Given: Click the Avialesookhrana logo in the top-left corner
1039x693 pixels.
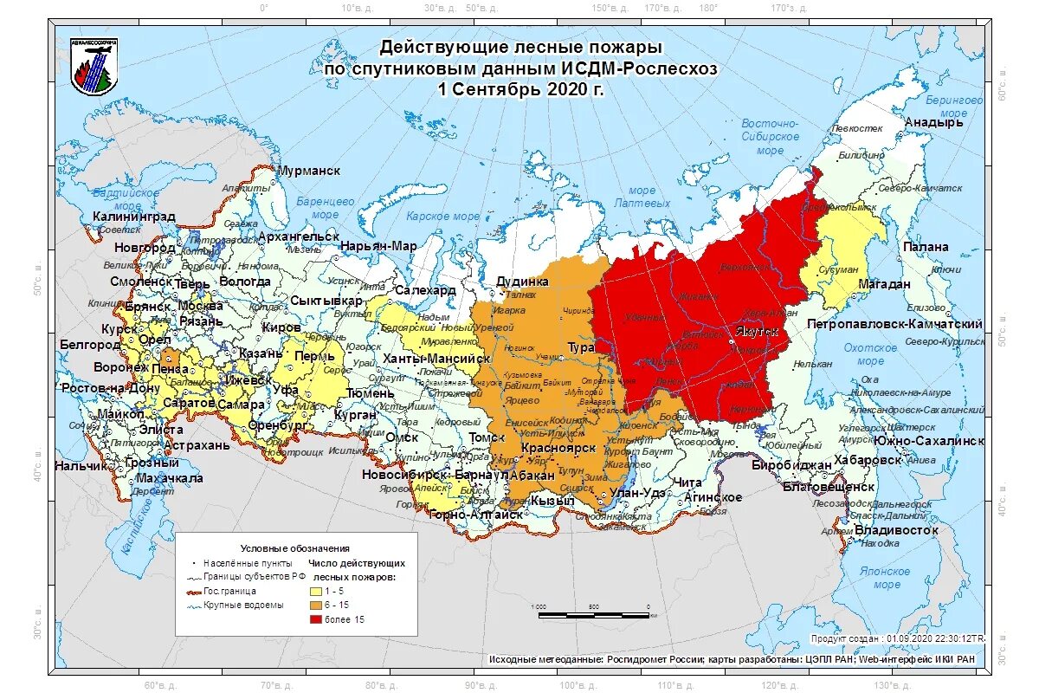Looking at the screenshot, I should pos(95,67).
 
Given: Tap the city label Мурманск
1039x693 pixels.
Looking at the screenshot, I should pos(307,171).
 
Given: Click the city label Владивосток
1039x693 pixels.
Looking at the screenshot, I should pos(896,529).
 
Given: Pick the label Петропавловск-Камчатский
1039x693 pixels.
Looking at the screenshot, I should pos(894,324).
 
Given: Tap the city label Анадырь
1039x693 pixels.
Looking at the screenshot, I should pos(933,122).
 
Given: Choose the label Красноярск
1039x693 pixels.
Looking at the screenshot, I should pos(558,449).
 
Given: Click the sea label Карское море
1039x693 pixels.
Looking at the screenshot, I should pos(442,217).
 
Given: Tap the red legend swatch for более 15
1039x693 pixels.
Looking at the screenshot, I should pos(317,619).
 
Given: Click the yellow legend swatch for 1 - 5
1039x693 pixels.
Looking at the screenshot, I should pos(317,590).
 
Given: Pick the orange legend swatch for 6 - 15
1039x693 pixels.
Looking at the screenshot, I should pos(317,605).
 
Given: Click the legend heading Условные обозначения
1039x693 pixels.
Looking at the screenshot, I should pos(294,548).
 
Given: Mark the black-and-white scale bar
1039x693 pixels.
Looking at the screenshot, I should pos(593,614).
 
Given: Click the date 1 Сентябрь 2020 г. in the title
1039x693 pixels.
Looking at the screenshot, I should pos(520,89).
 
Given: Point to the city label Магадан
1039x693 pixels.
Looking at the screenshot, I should pos(884,284).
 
